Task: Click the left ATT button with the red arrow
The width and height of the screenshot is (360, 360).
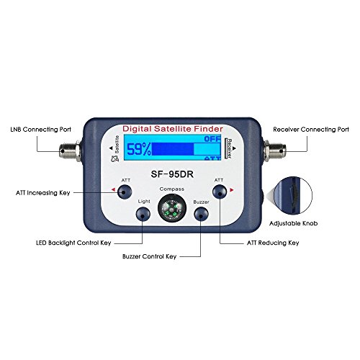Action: click(x=125, y=191)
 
